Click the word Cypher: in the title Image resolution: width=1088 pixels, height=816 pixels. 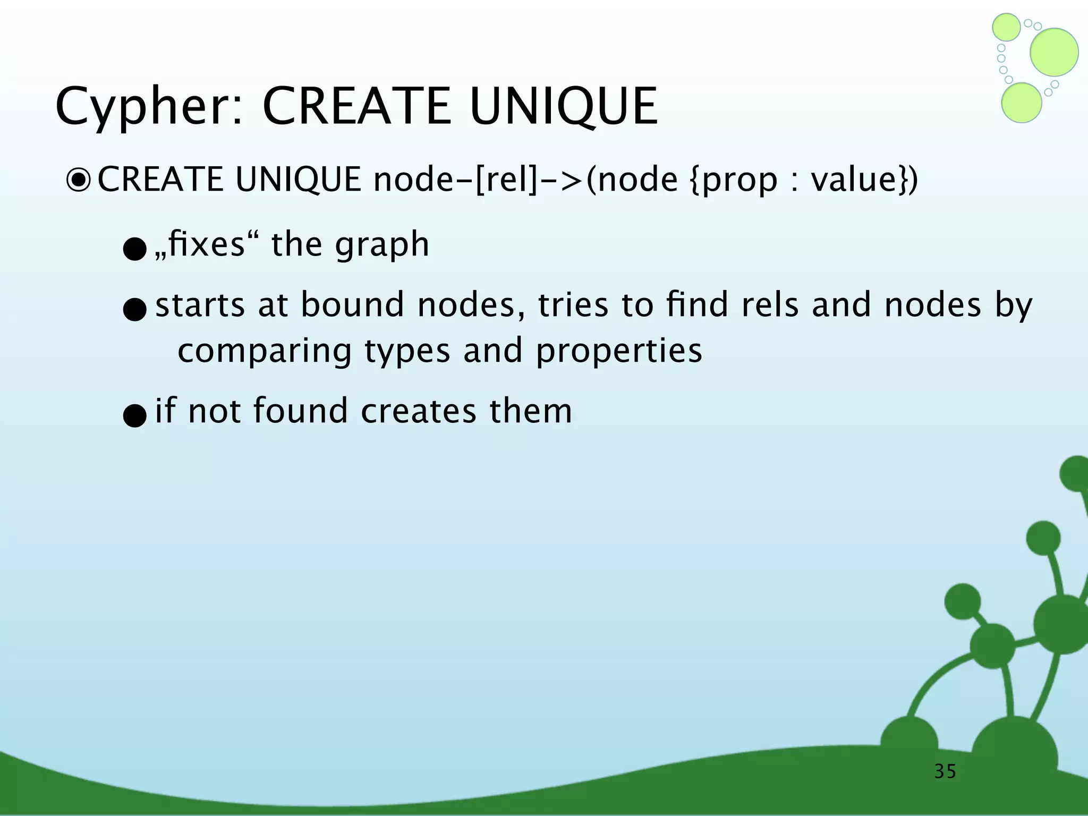coord(149,108)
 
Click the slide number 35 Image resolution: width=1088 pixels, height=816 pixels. coord(945,771)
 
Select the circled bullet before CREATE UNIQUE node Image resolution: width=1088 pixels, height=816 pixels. coord(79,181)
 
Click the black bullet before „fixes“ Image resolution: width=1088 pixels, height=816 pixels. coord(134,249)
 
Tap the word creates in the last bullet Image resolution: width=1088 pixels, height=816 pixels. coord(419,411)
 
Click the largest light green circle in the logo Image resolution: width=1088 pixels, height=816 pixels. coord(1054,52)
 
